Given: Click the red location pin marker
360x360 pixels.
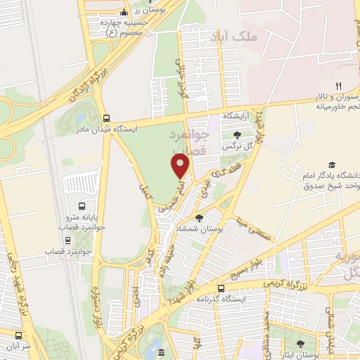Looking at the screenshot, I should pyautogui.click(x=181, y=165).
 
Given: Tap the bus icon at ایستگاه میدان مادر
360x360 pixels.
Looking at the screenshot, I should pyautogui.click(x=106, y=118).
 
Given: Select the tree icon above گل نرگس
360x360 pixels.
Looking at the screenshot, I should pyautogui.click(x=236, y=135).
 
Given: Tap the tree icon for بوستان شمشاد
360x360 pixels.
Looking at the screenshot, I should pyautogui.click(x=200, y=218).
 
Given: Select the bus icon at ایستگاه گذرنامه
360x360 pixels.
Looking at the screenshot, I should pyautogui.click(x=221, y=288).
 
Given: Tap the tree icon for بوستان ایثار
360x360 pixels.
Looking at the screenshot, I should pyautogui.click(x=300, y=344).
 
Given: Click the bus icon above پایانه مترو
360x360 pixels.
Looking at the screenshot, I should pyautogui.click(x=83, y=207).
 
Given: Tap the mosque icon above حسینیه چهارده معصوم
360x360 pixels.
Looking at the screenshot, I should pyautogui.click(x=124, y=12).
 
